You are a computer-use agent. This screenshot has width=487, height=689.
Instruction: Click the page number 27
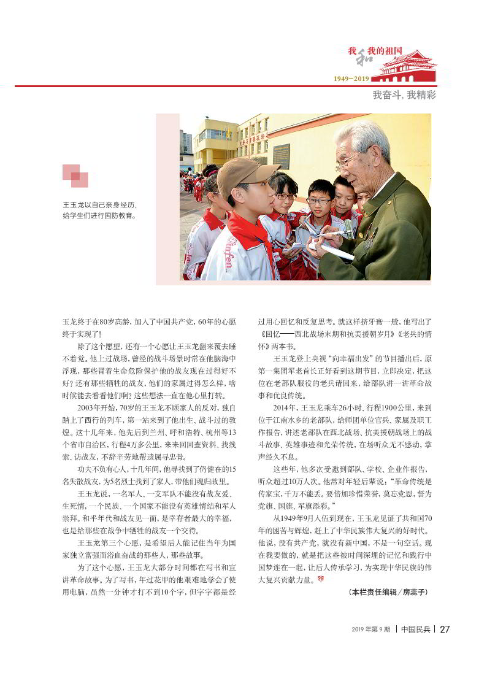click(x=445, y=629)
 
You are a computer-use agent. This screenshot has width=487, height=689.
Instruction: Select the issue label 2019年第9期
click(x=370, y=629)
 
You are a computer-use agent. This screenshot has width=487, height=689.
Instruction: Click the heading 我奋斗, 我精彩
click(x=404, y=96)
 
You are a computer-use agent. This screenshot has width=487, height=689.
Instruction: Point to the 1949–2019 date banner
click(x=351, y=79)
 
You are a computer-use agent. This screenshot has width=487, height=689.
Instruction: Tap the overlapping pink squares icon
click(x=75, y=175)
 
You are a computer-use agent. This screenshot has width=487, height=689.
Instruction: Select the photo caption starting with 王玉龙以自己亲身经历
click(x=99, y=210)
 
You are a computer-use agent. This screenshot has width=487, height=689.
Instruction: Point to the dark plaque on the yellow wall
click(x=281, y=156)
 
